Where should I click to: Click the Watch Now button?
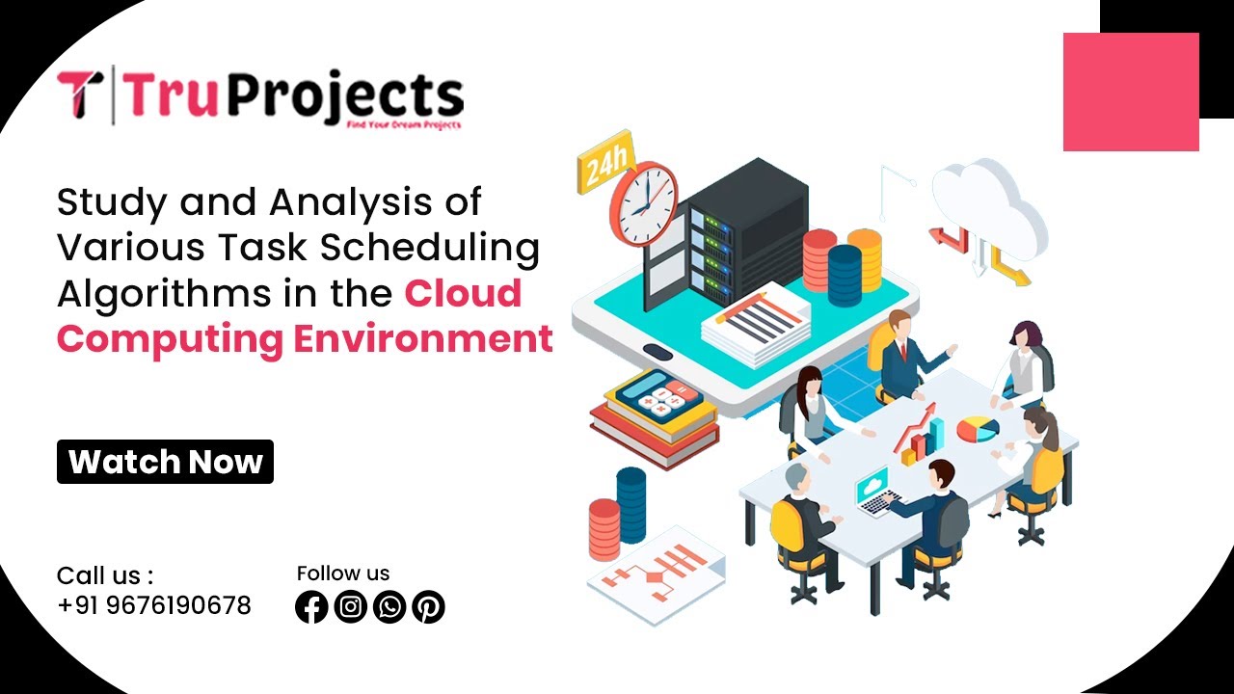click(x=165, y=462)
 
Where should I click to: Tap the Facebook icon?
click(x=311, y=606)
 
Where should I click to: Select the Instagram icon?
click(x=351, y=606)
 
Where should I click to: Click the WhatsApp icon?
click(x=389, y=606)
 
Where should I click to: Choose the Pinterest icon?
click(x=428, y=606)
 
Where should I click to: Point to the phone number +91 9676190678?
click(x=154, y=605)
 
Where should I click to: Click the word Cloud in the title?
click(x=463, y=293)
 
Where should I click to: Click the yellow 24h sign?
click(x=605, y=167)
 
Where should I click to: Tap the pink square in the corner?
click(x=1131, y=92)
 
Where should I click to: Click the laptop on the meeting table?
click(x=877, y=492)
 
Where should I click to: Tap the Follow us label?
click(x=343, y=574)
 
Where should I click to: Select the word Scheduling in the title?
click(x=430, y=248)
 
